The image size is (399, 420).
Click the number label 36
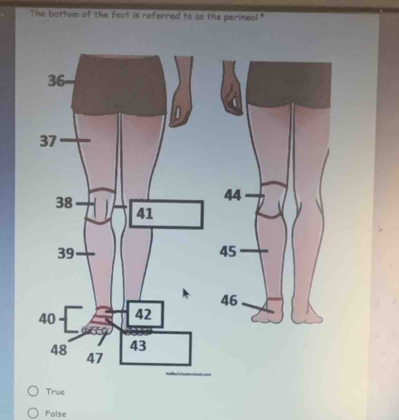click(x=55, y=81)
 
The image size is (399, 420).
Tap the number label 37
click(x=48, y=141)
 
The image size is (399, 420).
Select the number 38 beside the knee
click(x=64, y=203)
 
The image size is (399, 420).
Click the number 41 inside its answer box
click(x=144, y=213)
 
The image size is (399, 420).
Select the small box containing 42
click(x=145, y=314)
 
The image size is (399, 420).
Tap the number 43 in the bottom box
click(x=138, y=345)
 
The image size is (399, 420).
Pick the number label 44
click(x=232, y=195)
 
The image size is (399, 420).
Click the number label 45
click(x=228, y=252)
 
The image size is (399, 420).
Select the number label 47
click(x=94, y=359)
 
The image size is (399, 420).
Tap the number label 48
click(x=59, y=350)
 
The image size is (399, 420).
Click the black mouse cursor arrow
click(x=186, y=293)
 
